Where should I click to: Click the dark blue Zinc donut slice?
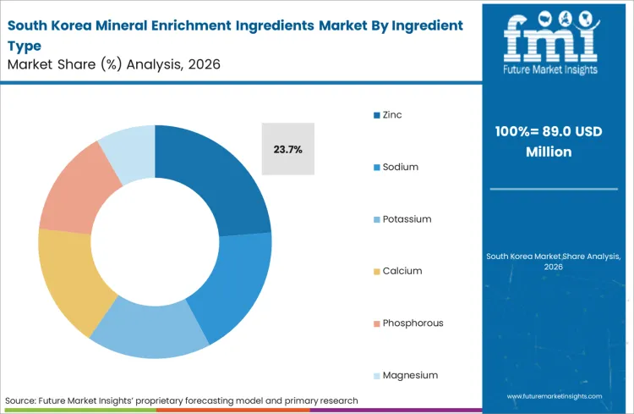pyautogui.click(x=215, y=178)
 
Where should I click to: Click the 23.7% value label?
pyautogui.click(x=287, y=149)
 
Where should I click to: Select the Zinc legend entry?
pyautogui.click(x=391, y=114)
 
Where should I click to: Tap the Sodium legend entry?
pyautogui.click(x=400, y=167)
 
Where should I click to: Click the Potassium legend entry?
pyautogui.click(x=406, y=219)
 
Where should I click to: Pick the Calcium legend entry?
pyautogui.click(x=402, y=271)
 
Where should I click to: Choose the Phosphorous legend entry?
pyautogui.click(x=412, y=323)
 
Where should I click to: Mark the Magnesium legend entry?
pyautogui.click(x=410, y=375)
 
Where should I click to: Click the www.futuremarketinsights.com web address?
pyautogui.click(x=555, y=395)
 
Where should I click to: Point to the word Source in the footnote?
pyautogui.click(x=21, y=400)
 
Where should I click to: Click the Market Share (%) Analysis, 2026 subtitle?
pyautogui.click(x=113, y=64)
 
